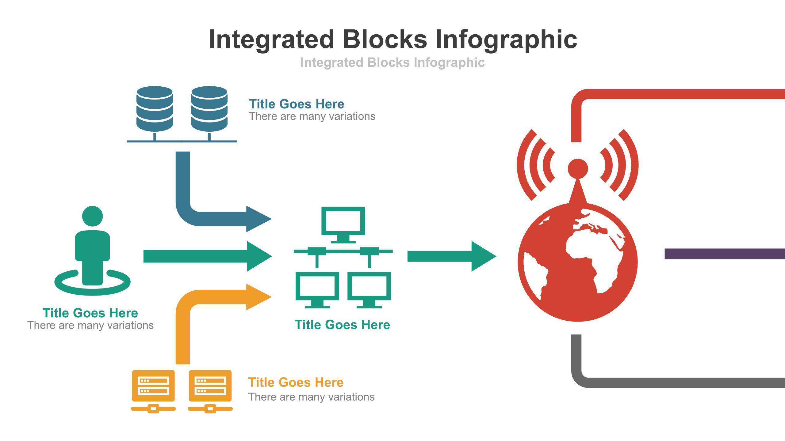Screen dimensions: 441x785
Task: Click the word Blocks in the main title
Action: pos(385,39)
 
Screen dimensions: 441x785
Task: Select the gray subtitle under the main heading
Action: pos(392,62)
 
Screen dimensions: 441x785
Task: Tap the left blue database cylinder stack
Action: pos(154,109)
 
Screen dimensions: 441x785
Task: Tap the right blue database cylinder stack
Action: pos(209,109)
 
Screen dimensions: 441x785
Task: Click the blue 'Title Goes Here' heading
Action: pos(296,104)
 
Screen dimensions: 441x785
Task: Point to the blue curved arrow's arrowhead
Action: pos(258,219)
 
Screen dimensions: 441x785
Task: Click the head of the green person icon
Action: pos(92,216)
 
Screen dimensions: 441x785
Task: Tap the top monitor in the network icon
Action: pos(343,221)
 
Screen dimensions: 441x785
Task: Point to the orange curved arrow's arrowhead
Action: pos(258,297)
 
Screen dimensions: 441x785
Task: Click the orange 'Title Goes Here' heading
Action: pos(296,382)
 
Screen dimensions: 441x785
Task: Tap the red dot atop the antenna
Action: pos(578,168)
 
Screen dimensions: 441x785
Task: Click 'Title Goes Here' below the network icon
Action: pos(342,325)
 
